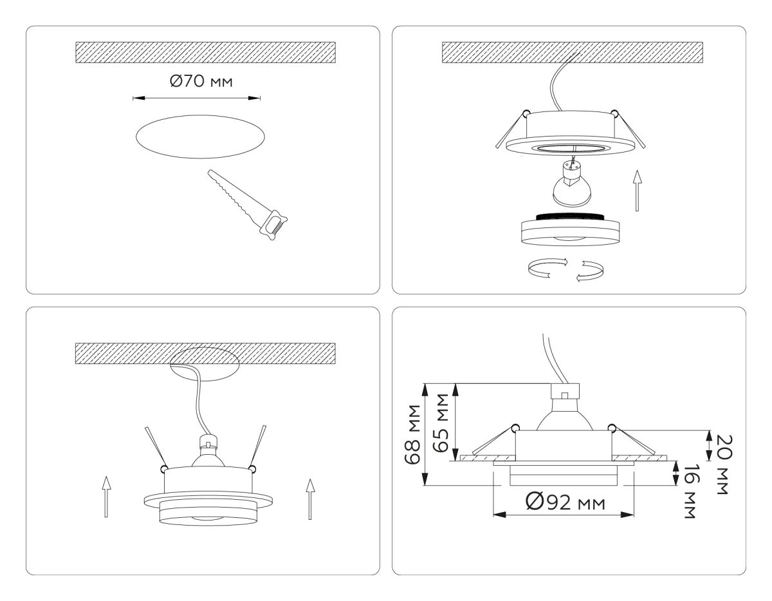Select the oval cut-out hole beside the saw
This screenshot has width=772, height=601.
point(199,137)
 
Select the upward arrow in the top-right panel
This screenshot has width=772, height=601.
point(636,191)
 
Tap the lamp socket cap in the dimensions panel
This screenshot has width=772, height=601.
point(564,393)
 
